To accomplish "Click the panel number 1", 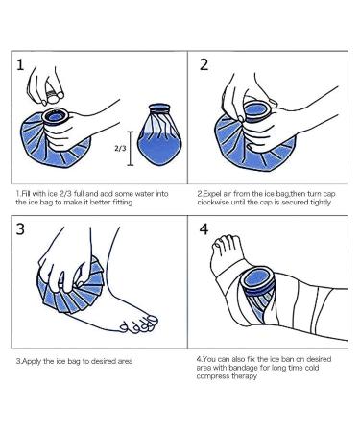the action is coord(20,65).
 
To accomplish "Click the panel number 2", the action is coord(204,65).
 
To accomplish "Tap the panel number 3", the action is coord(20,229).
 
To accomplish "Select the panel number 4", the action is coord(204,229).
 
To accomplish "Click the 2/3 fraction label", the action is coord(120,149).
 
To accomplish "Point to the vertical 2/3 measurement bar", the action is coord(130,149).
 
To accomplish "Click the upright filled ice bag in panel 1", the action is coord(159,134).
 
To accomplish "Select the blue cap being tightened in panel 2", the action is coord(258,111).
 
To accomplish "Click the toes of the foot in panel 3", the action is coord(140,324).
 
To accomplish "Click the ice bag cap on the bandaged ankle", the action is coord(258,281).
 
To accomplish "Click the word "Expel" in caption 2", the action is coord(210,194).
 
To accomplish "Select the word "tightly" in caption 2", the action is coord(321,203).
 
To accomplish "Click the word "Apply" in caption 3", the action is coord(31,361).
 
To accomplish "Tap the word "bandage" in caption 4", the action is coord(243,368).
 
